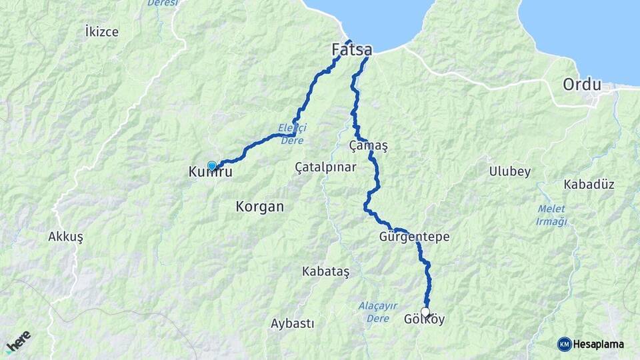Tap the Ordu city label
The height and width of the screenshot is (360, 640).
click(582, 85)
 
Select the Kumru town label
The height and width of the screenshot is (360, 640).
click(210, 173)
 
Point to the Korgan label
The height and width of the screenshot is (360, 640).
click(259, 207)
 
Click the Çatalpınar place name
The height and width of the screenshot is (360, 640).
click(325, 168)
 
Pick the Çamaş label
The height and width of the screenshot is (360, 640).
click(368, 145)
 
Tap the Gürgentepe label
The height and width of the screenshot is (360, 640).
click(414, 237)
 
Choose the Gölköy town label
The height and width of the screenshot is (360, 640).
click(424, 320)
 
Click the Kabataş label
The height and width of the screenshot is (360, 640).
click(325, 271)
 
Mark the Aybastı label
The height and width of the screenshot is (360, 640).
click(292, 323)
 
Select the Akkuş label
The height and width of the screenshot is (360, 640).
click(65, 237)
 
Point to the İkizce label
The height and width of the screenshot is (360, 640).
click(102, 31)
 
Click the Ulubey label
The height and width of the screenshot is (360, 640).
click(509, 171)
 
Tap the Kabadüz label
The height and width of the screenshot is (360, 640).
click(589, 184)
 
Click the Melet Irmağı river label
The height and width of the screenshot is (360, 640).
click(551, 215)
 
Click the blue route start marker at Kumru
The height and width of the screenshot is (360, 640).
click(212, 165)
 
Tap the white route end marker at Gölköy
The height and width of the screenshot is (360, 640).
click(425, 311)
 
